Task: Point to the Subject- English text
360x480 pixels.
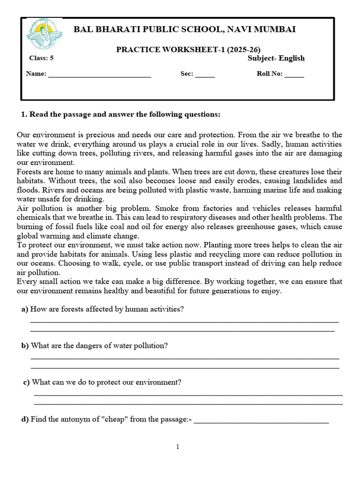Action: (276, 58)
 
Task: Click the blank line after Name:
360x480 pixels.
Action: (99, 75)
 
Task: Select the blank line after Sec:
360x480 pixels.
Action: (205, 75)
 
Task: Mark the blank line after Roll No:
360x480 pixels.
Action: (294, 75)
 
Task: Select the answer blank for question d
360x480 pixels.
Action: (261, 420)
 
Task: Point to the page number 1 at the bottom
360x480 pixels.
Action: (178, 447)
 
